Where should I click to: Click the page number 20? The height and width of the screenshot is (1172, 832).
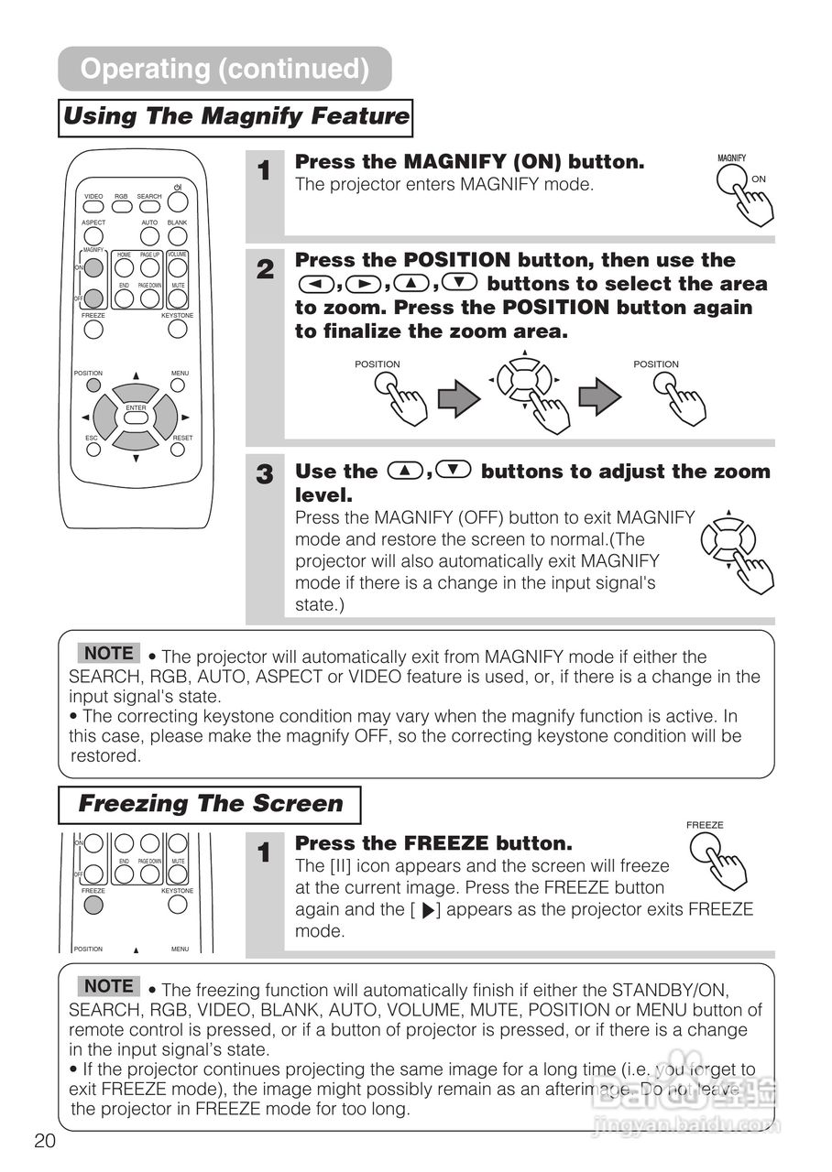[x=45, y=1140]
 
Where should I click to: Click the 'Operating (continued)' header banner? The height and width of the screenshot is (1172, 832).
[x=224, y=69]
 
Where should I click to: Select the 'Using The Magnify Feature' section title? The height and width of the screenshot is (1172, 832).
[x=235, y=117]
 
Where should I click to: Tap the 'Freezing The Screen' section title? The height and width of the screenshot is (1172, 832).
[x=210, y=805]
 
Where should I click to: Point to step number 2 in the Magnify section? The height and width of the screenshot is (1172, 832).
[x=265, y=269]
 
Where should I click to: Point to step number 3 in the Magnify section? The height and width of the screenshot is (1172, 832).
[x=265, y=474]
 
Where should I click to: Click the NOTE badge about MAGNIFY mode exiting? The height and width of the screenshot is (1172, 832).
[x=109, y=653]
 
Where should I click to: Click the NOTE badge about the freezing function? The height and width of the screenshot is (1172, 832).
[x=109, y=986]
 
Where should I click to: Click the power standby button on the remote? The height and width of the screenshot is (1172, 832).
[x=178, y=202]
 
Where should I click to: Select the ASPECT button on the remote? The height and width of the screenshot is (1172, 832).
[x=93, y=235]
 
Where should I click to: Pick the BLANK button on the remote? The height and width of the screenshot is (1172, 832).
[x=178, y=235]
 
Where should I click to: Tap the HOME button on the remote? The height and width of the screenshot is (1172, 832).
[x=125, y=267]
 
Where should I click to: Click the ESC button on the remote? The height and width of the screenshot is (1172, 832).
[x=93, y=450]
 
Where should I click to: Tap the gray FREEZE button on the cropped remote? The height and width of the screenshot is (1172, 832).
[x=93, y=906]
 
